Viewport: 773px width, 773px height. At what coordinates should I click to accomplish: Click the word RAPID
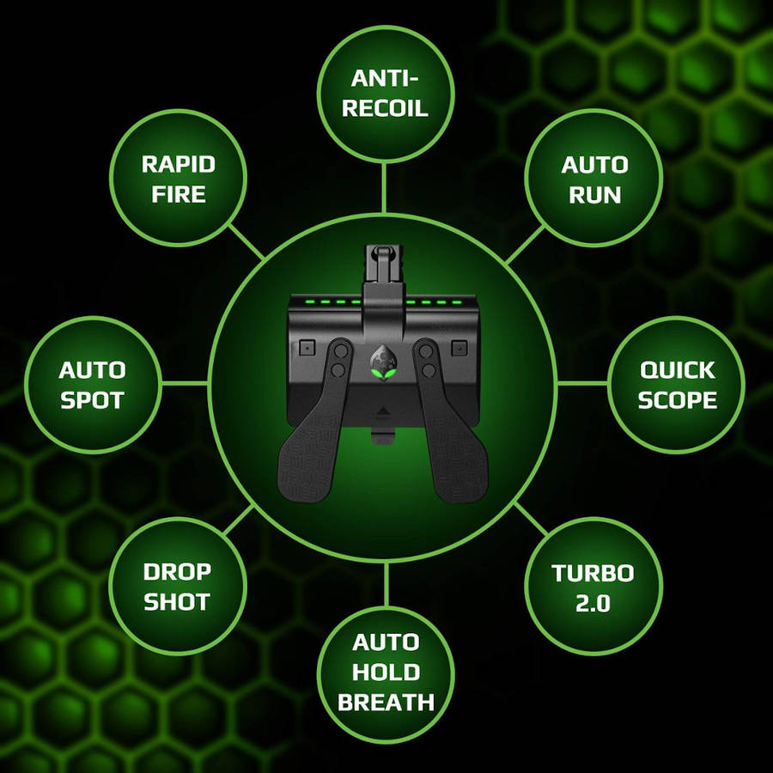[x=179, y=164]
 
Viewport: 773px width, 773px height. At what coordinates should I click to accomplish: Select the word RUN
[x=594, y=195]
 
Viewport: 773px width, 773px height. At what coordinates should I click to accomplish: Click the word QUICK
[x=677, y=370]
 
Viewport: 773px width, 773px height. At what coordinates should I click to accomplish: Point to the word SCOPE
[x=677, y=399]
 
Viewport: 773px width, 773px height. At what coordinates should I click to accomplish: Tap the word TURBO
[x=593, y=573]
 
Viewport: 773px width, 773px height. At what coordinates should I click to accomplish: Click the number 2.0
[x=593, y=603]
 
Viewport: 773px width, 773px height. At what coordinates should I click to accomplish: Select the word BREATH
[x=386, y=702]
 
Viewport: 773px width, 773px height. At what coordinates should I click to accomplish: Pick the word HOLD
[x=386, y=672]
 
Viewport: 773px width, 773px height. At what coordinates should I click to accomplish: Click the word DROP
[x=178, y=572]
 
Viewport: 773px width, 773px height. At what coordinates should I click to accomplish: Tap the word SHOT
[x=176, y=602]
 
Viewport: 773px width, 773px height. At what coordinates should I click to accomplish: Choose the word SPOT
[x=92, y=400]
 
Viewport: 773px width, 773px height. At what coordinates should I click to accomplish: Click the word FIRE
[x=179, y=194]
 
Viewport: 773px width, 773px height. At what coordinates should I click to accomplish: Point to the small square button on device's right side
[x=460, y=349]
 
